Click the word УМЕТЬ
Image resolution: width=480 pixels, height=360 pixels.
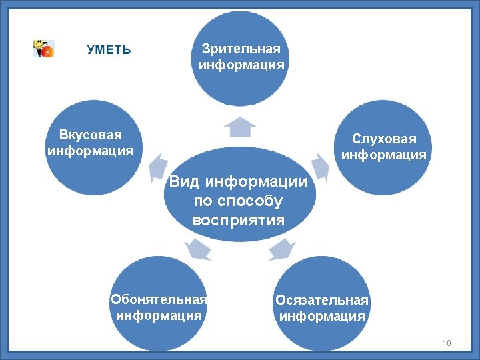[x=109, y=50]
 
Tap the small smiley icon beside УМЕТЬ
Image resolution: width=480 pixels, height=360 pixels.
[x=44, y=49]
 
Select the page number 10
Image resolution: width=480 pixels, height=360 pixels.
[x=446, y=343]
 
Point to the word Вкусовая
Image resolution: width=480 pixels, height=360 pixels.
[x=91, y=135]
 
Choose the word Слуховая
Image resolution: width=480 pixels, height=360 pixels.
[x=384, y=139]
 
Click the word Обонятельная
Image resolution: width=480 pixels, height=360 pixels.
[x=159, y=299]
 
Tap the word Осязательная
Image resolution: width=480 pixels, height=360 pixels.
[x=322, y=300]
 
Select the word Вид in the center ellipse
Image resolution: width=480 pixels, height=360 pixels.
[x=185, y=182]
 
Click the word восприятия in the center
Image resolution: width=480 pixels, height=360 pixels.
[x=238, y=220]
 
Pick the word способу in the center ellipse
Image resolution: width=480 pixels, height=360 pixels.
[x=257, y=201]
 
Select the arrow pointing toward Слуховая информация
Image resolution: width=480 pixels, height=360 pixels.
[x=319, y=167]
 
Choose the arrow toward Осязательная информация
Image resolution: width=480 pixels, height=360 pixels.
[x=282, y=249]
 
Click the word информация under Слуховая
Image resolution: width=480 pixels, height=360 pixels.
[x=384, y=155]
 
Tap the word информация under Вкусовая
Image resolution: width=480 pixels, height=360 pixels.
[x=91, y=151]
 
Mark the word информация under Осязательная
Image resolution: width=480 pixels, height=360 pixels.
[x=322, y=316]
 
